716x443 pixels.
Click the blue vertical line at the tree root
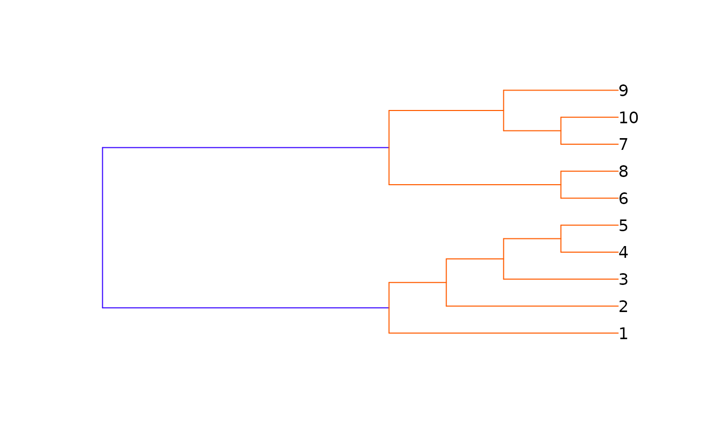coord(102,228)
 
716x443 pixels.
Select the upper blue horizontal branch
coord(245,147)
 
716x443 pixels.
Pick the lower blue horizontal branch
coord(245,307)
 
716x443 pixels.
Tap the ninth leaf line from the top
coord(532,306)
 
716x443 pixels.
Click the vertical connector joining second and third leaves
coord(561,130)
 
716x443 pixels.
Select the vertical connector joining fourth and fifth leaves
coord(561,184)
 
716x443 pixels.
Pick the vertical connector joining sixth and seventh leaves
coord(561,238)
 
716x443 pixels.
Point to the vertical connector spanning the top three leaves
coord(503,110)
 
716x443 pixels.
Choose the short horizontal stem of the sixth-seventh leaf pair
coord(532,238)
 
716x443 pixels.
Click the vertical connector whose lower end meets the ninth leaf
coord(446,282)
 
